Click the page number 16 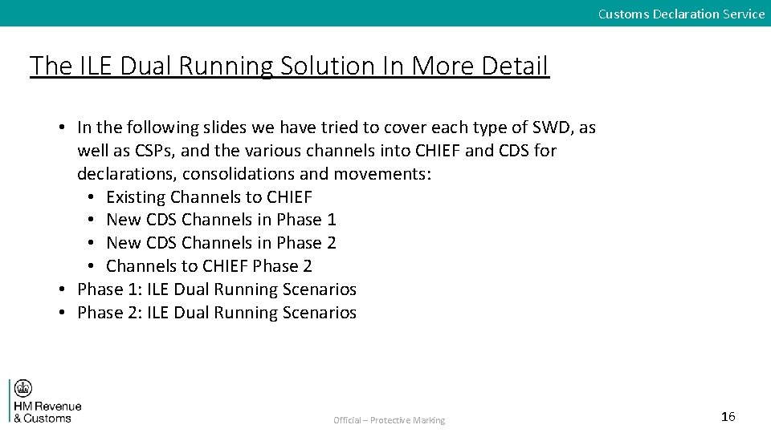[x=728, y=416]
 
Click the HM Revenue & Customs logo [x=46, y=401]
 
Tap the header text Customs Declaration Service [x=681, y=14]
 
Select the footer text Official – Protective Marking [x=390, y=420]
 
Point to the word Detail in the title [x=515, y=66]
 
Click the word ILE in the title [x=99, y=66]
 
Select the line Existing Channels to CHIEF [x=209, y=196]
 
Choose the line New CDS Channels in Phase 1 [x=221, y=220]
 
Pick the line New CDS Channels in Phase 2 [x=221, y=243]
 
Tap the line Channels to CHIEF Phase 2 [x=209, y=266]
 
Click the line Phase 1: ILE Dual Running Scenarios [x=217, y=289]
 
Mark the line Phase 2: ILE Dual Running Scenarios [x=217, y=313]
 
